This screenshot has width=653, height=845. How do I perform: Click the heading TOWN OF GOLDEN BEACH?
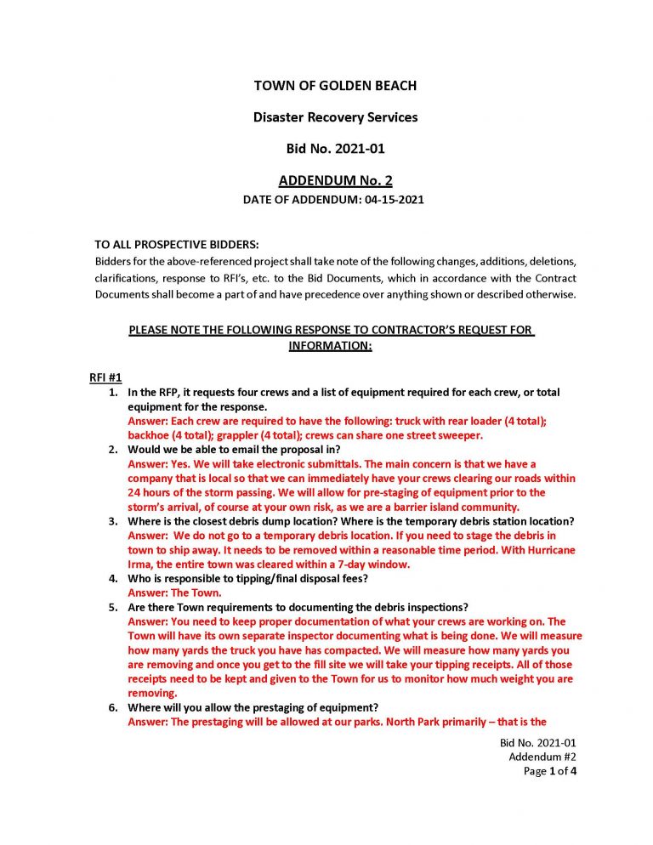335,86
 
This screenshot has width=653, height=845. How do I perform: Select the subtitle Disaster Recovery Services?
335,117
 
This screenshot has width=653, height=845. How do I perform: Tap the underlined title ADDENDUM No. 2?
335,181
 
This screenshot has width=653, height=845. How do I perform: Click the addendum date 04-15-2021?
395,201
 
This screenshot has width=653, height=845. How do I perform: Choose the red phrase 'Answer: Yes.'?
156,464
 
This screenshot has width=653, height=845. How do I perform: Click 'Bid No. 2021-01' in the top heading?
335,149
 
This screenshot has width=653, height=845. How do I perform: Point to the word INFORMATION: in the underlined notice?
331,346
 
